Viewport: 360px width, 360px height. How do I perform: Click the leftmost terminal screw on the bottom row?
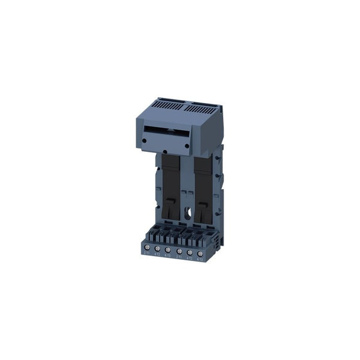coord(147,247)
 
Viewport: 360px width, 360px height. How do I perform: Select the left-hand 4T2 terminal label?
coord(157,255)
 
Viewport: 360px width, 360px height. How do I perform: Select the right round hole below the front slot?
coord(187,146)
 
